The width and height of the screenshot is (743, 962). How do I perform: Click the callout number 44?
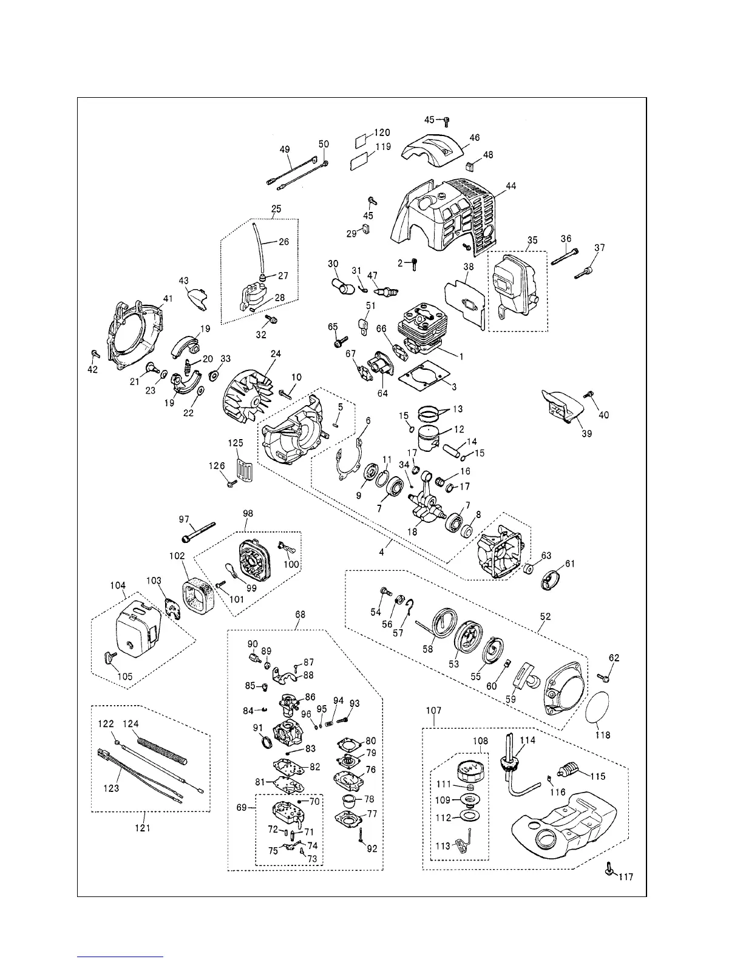(511, 186)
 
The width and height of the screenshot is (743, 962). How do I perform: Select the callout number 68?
(300, 614)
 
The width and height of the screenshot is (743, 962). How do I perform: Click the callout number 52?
(546, 616)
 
